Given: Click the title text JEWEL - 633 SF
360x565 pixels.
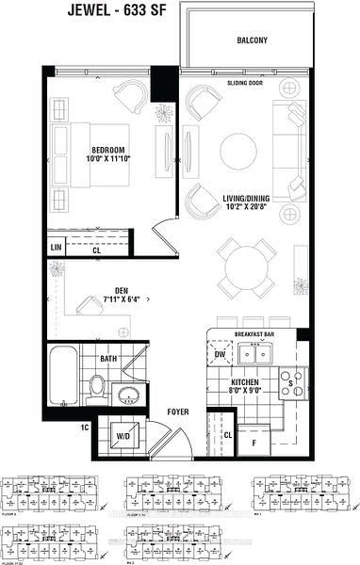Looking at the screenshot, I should (x=179, y=11).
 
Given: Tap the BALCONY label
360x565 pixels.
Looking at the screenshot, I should (x=252, y=40).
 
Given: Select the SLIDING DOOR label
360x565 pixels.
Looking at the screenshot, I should (x=244, y=83).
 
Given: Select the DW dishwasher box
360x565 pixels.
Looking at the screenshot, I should (x=220, y=354).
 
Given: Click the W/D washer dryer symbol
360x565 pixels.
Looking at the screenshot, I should (x=123, y=437).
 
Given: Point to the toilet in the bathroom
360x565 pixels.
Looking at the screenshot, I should (x=96, y=385).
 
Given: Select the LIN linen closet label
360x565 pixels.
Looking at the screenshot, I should (x=56, y=249).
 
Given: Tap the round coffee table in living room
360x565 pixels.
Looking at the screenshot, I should (x=237, y=151).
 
